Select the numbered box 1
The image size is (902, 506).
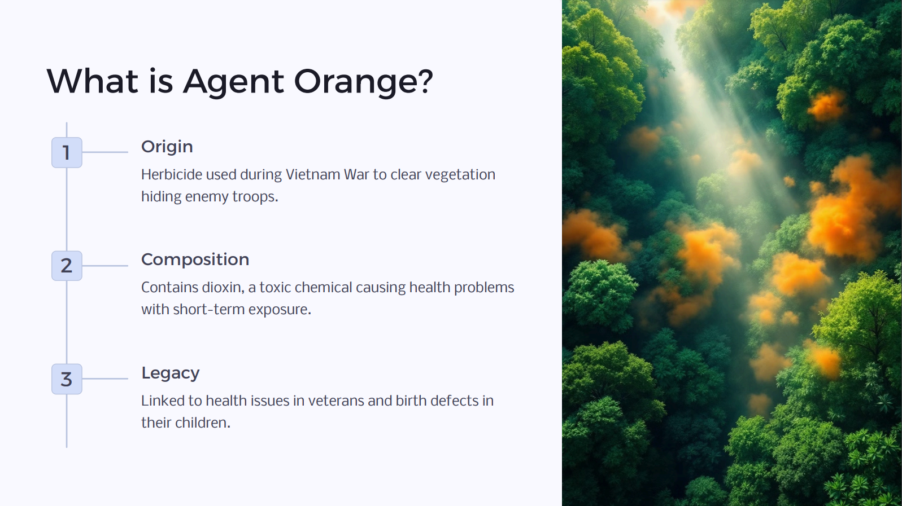pyautogui.click(x=67, y=152)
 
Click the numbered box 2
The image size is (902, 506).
pyautogui.click(x=67, y=266)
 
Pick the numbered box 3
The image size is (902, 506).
pyautogui.click(x=67, y=379)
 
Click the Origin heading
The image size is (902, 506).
pyautogui.click(x=167, y=147)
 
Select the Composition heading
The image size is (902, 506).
pyautogui.click(x=195, y=259)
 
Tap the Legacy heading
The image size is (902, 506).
pyautogui.click(x=170, y=373)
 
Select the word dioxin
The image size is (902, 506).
pyautogui.click(x=223, y=288)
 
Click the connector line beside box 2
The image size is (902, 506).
pyautogui.click(x=106, y=266)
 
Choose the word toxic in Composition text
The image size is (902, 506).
pyautogui.click(x=275, y=288)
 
